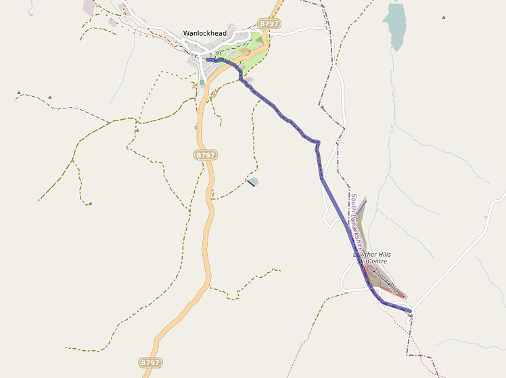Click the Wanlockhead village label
click(x=204, y=33)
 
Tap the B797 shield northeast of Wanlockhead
click(x=269, y=24)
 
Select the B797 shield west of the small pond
click(x=205, y=155)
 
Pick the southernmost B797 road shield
click(x=150, y=362)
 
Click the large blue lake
click(x=394, y=26)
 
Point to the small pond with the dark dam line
click(x=253, y=181)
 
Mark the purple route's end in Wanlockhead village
click(x=208, y=60)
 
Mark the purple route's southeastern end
click(x=410, y=311)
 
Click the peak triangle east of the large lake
click(x=444, y=17)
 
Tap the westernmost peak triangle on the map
click(x=19, y=92)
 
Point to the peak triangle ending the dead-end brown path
click(x=90, y=203)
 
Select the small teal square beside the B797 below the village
click(x=202, y=82)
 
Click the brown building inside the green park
click(x=247, y=51)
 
